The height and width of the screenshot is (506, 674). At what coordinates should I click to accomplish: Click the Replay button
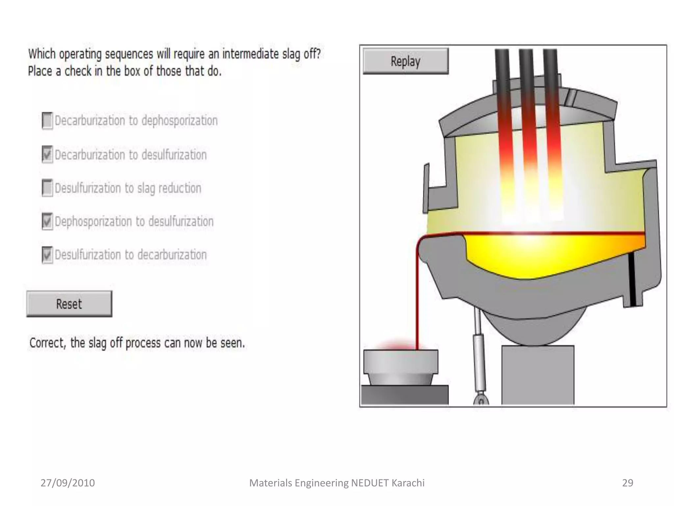405,61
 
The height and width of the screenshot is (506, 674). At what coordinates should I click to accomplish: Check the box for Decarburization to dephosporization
47,121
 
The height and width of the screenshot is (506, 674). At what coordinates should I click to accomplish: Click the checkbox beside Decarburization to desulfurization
47,155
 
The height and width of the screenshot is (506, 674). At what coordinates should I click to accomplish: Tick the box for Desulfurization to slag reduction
47,188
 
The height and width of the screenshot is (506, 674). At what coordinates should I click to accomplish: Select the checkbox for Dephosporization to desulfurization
47,221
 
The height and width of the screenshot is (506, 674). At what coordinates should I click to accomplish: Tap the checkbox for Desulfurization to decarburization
47,255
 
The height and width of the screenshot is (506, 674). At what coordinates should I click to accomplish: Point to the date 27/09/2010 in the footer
67,483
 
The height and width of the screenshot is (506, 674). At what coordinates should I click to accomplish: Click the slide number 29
628,483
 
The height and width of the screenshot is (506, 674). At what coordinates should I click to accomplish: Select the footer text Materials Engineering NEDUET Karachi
337,483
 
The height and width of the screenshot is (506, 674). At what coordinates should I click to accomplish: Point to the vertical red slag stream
417,296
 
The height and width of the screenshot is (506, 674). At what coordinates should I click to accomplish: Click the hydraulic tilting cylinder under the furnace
479,356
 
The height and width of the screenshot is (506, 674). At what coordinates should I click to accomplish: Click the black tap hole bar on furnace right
632,280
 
